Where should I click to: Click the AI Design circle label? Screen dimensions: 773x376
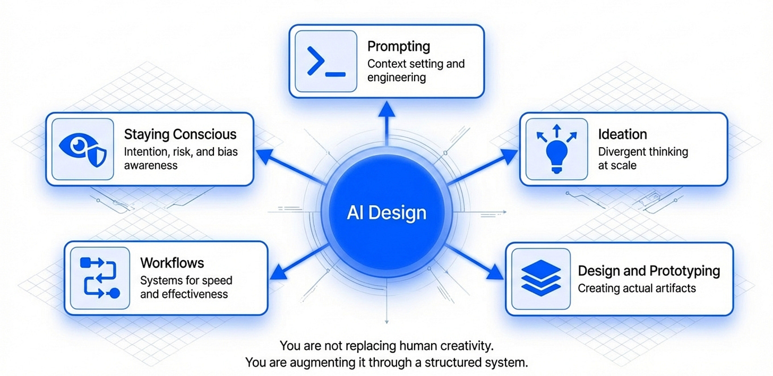tap(386, 213)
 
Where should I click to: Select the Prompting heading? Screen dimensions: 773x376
tap(399, 46)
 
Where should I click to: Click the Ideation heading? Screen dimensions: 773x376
tap(623, 134)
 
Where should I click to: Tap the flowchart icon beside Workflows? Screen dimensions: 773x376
tap(99, 278)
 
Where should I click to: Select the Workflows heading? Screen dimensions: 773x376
tap(172, 262)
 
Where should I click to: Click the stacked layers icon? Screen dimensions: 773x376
tap(538, 278)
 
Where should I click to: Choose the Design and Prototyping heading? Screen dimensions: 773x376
tap(649, 270)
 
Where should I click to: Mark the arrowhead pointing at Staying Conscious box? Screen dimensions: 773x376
tap(265, 156)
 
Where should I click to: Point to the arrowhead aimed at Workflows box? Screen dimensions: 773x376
tap(279, 273)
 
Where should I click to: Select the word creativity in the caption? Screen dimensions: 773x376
tap(467, 346)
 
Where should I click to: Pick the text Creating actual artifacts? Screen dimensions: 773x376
tap(637, 288)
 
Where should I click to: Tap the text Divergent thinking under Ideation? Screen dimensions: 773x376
tap(643, 151)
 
